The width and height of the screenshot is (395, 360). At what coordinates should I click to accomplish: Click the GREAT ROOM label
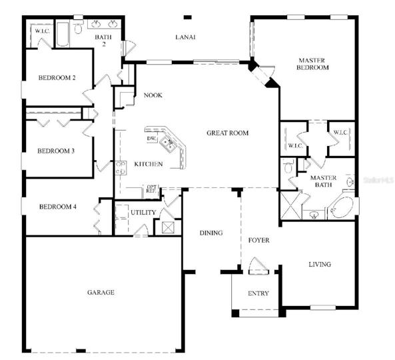pos(228,133)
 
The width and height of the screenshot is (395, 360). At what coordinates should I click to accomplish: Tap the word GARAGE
pos(101,292)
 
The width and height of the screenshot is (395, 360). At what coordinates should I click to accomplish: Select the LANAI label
pos(185,37)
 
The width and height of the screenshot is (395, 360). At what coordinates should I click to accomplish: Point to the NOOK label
pos(153,95)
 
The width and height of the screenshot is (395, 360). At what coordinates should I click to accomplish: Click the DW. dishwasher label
pos(152,139)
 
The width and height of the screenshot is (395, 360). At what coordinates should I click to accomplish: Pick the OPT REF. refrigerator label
pos(151,189)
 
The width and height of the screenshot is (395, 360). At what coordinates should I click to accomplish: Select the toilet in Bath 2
pos(79,28)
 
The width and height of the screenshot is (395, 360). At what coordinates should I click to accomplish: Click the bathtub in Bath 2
pos(63,34)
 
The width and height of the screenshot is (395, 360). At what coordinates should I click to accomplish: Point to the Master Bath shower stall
pos(291,205)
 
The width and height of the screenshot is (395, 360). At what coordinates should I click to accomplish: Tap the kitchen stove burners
pos(121,168)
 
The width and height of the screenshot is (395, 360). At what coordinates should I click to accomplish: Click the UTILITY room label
pos(143,213)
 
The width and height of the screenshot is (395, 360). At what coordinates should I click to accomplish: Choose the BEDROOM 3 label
pos(56,151)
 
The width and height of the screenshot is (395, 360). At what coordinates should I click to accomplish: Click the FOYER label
pos(258,240)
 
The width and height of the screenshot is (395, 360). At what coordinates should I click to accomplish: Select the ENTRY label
pos(258,293)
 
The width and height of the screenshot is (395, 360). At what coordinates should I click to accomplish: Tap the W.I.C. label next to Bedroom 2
pos(43,31)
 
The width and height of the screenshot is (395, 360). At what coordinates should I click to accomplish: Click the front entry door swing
pos(258,265)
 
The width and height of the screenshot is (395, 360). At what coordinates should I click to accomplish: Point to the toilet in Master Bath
pos(288,166)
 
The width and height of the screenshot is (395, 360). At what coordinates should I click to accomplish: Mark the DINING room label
pos(211,233)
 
